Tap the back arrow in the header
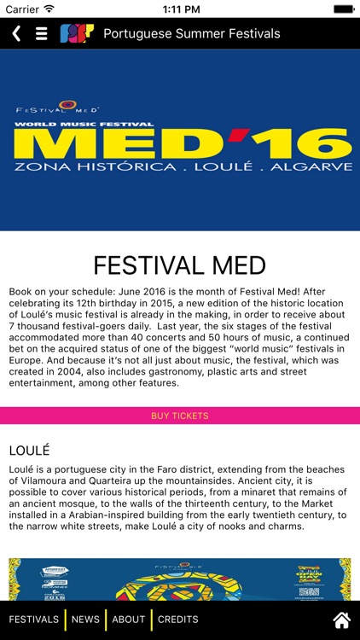16,34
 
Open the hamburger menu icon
41,34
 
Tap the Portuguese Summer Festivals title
191,34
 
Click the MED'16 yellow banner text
183,140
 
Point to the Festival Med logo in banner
58,108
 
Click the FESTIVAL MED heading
180,265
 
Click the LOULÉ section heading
30,450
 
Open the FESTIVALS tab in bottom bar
34,620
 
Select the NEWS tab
85,620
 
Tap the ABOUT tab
129,620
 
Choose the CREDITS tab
177,620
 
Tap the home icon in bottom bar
341,620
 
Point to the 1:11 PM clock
180,9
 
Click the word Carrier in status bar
22,9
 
